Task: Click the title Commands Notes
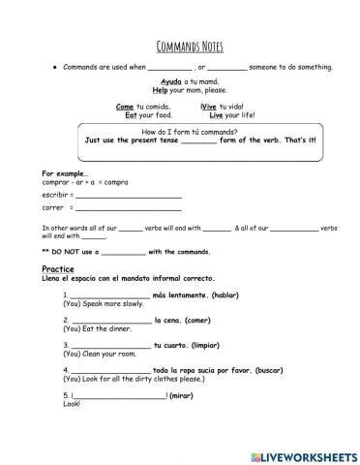(181, 46)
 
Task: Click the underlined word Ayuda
(170, 82)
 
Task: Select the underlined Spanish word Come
(124, 107)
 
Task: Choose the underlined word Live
(217, 114)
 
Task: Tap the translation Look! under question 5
(72, 404)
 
